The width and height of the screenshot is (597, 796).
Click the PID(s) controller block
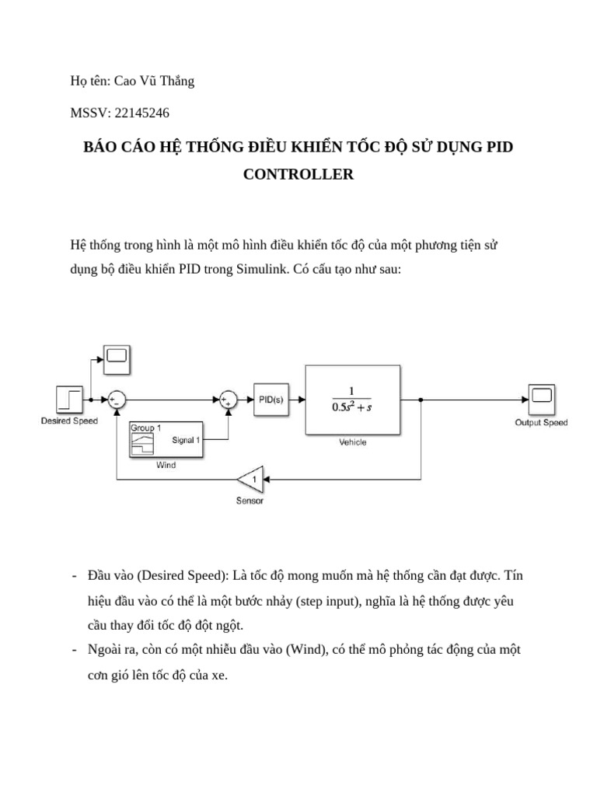[x=270, y=400]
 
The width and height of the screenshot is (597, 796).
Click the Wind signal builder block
[x=166, y=440]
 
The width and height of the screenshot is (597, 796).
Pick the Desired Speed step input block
[x=69, y=400]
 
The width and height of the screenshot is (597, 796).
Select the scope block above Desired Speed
[x=116, y=357]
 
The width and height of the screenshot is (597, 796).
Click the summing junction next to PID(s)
[x=228, y=400]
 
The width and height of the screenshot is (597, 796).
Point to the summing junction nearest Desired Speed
[x=116, y=400]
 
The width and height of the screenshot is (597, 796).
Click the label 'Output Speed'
[x=541, y=423]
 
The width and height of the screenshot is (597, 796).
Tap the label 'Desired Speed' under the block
[x=69, y=421]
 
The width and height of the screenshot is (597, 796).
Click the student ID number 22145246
[x=142, y=112]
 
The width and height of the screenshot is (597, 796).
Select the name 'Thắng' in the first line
[x=176, y=81]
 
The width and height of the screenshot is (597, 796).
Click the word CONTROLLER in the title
[x=298, y=174]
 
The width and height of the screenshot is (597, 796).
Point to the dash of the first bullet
[x=73, y=576]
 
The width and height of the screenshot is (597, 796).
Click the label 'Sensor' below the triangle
[x=250, y=501]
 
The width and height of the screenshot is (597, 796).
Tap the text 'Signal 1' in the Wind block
[x=186, y=440]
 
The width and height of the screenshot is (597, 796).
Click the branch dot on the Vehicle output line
[x=421, y=400]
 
